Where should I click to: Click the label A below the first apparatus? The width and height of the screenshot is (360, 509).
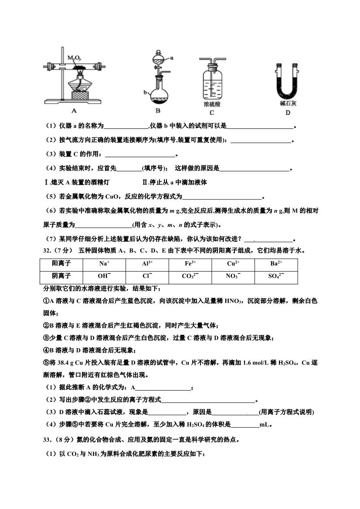click(74, 111)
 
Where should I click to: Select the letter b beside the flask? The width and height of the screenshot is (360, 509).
click(144, 92)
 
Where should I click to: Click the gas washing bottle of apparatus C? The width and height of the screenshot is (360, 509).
click(212, 85)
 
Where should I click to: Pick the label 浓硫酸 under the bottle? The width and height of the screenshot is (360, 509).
click(212, 104)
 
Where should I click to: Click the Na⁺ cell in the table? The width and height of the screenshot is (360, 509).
click(104, 264)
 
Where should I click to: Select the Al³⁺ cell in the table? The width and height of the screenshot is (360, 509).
click(147, 264)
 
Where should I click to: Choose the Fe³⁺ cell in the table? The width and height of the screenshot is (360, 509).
click(190, 264)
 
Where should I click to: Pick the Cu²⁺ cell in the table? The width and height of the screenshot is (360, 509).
click(233, 264)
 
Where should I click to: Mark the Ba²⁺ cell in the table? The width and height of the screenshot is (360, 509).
click(276, 264)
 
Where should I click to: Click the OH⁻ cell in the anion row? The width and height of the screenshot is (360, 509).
click(104, 276)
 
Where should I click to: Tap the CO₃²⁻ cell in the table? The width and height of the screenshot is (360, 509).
click(190, 276)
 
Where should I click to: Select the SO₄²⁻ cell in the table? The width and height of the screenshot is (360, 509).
click(276, 276)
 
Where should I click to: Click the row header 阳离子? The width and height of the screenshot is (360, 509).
click(61, 264)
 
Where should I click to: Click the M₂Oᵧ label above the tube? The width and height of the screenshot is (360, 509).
click(74, 58)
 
